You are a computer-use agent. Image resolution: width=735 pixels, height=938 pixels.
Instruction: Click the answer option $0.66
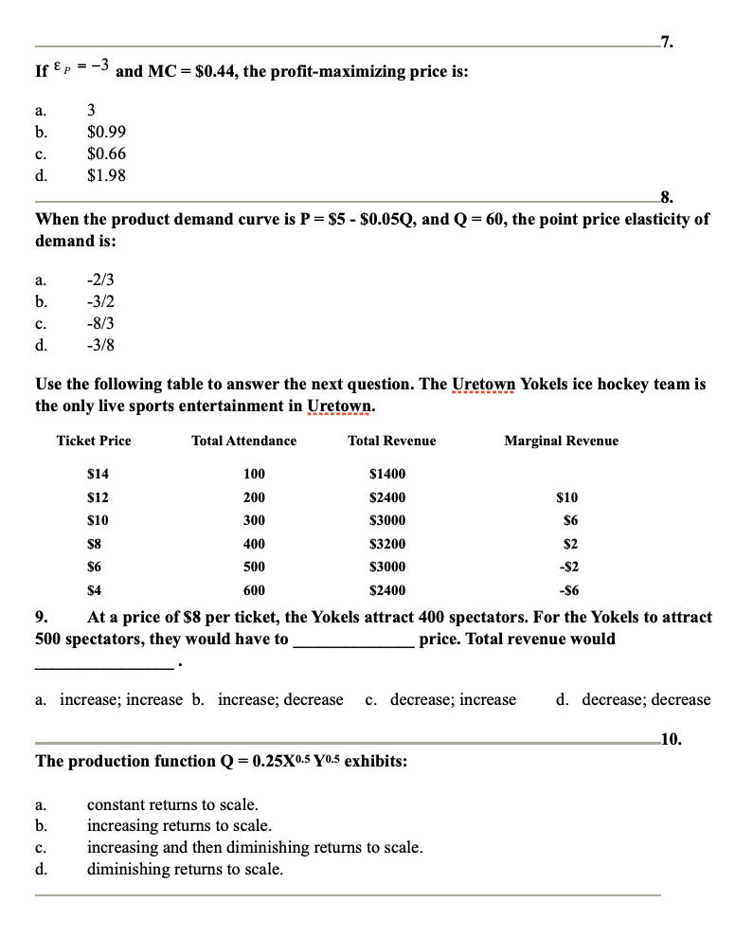pos(106,153)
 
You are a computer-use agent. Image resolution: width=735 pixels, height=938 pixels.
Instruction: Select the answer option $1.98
pos(106,175)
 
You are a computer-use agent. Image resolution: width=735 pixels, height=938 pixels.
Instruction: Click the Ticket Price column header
pos(94,441)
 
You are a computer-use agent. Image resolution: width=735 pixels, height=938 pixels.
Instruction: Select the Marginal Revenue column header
pos(561,441)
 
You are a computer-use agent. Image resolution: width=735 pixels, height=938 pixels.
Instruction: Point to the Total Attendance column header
pos(243,441)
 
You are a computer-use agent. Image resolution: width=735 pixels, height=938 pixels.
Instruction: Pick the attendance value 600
pos(254,590)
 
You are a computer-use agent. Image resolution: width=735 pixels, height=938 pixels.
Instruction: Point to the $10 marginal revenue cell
pos(565,497)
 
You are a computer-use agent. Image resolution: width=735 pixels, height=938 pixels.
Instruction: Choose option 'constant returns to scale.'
pos(172,804)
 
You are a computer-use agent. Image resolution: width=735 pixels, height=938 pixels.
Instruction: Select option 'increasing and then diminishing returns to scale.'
pos(255,847)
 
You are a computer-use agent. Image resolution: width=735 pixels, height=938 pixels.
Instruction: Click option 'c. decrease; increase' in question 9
pos(441,699)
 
